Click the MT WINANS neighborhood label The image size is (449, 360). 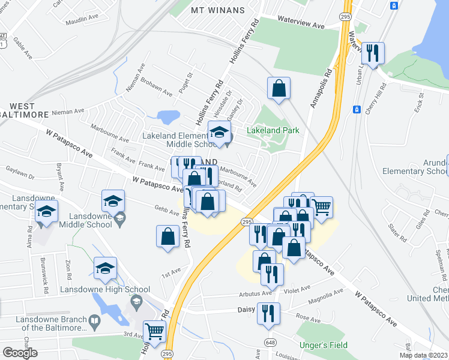pos(218,10)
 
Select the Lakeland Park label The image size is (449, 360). pos(273,130)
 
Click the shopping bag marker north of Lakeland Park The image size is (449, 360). pos(279,88)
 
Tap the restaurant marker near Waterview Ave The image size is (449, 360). pos(373,53)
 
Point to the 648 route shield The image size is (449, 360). pos(263,341)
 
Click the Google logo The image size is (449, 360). pos(20,353)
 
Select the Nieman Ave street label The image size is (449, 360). pos(67,112)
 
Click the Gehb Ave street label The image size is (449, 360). pos(166,212)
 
